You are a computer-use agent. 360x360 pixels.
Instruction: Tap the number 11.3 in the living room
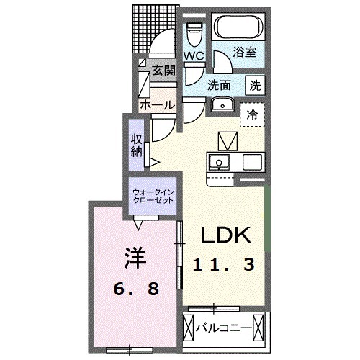pos(223,264)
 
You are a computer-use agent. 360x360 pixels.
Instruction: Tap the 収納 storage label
pos(137,144)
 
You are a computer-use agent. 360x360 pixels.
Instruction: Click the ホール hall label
pos(156,105)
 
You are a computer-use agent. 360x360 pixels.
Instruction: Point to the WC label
pos(192,55)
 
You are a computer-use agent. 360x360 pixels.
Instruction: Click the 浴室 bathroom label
pos(242,52)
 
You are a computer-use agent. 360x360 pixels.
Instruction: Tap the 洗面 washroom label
pos(220,84)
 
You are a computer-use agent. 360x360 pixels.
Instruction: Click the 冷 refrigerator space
pos(252,113)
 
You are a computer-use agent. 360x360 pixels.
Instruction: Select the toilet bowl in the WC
pos(193,32)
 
